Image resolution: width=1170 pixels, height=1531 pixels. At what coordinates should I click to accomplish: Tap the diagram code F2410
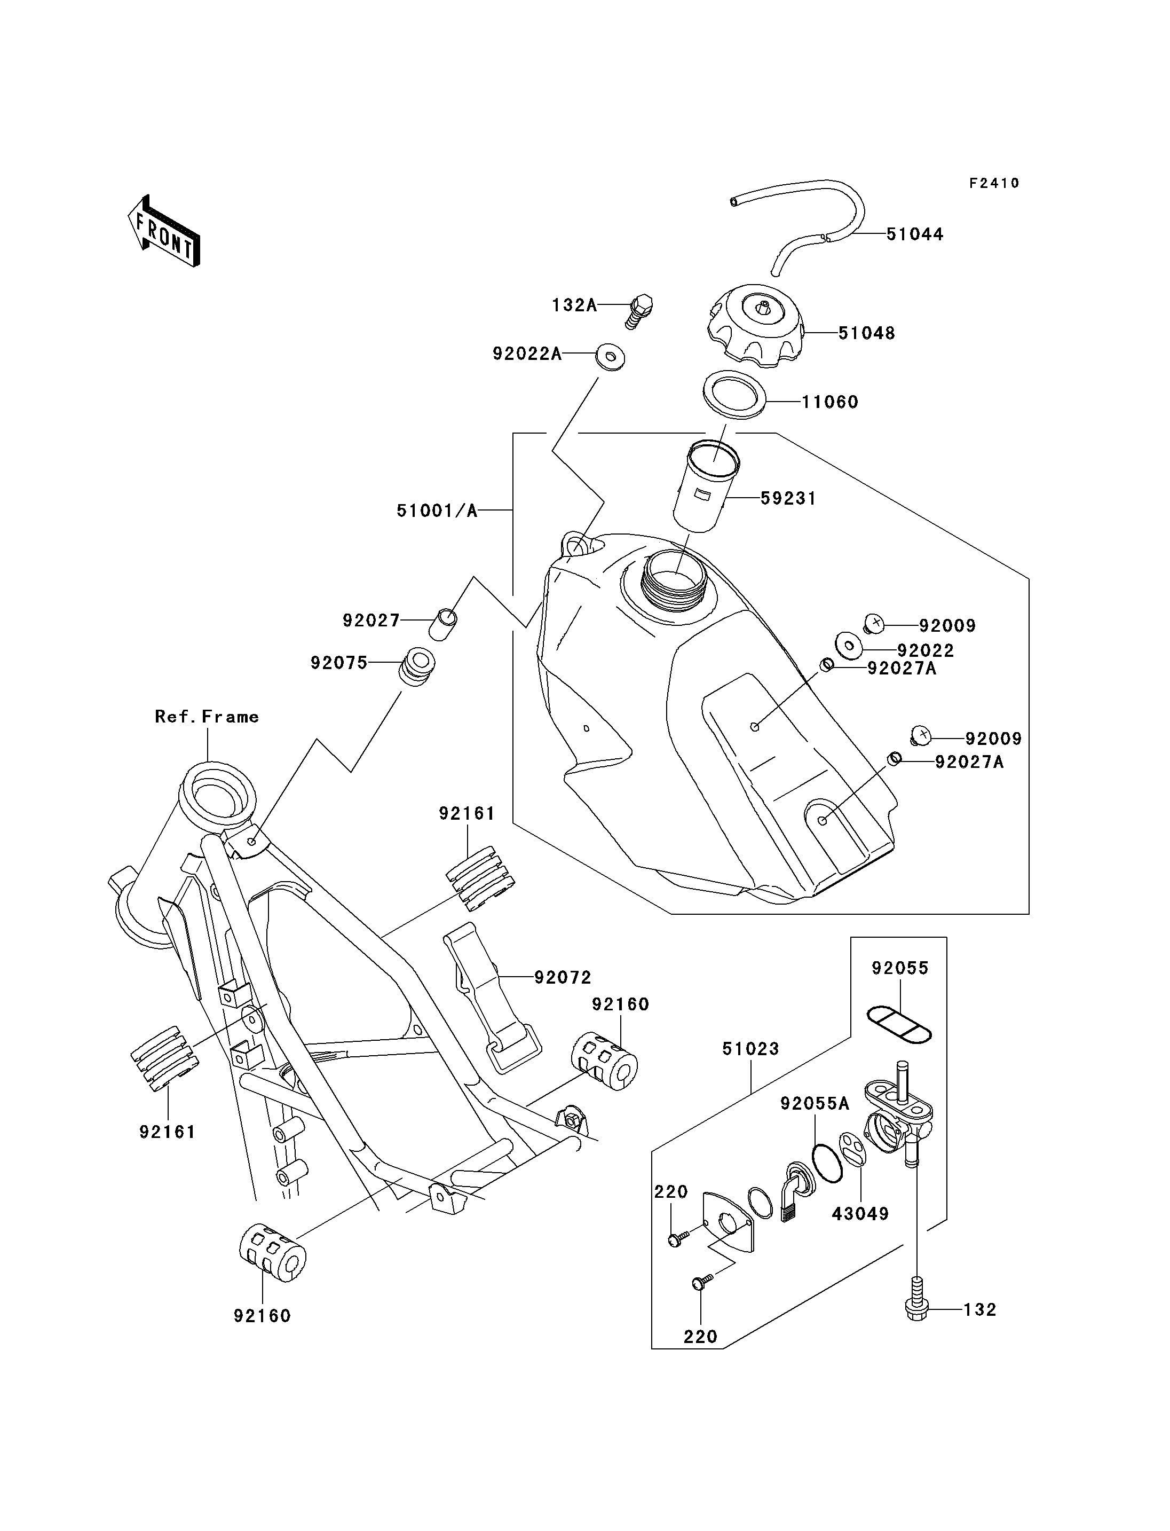994,183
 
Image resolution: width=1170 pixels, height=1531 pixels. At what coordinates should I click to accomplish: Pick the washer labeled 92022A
611,357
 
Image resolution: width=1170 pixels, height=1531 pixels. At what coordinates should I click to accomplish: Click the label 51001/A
437,511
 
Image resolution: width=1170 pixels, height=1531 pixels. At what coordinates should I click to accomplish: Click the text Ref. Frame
207,717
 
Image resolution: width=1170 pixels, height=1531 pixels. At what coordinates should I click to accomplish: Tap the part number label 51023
751,1069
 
